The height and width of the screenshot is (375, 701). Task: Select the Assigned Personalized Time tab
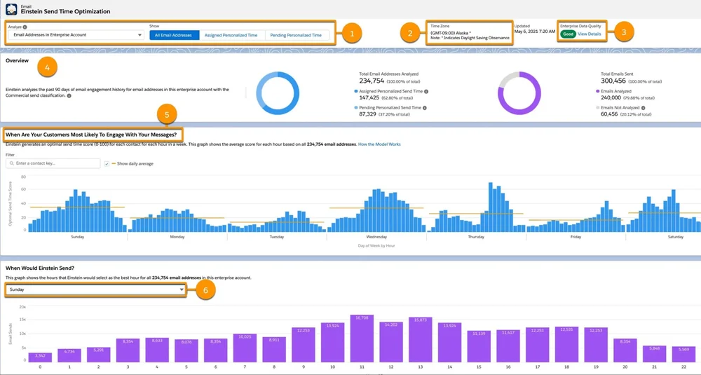pyautogui.click(x=231, y=34)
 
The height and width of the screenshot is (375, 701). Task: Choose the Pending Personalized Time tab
pyautogui.click(x=297, y=34)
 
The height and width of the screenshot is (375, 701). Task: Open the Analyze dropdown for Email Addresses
pyautogui.click(x=77, y=34)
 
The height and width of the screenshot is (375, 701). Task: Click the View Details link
pyautogui.click(x=589, y=34)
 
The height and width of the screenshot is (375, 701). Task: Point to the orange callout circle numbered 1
pyautogui.click(x=352, y=32)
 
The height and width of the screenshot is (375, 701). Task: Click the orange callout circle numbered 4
pyautogui.click(x=47, y=68)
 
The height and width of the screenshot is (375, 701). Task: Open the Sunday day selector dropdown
pyautogui.click(x=95, y=289)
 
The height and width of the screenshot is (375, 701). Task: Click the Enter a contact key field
pyautogui.click(x=53, y=163)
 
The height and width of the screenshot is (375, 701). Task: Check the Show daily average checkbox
pyautogui.click(x=106, y=163)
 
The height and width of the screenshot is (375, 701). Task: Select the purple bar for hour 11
pyautogui.click(x=362, y=339)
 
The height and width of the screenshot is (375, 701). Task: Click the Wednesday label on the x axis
pyautogui.click(x=376, y=237)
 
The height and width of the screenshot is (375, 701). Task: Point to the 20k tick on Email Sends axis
pyautogui.click(x=22, y=307)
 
